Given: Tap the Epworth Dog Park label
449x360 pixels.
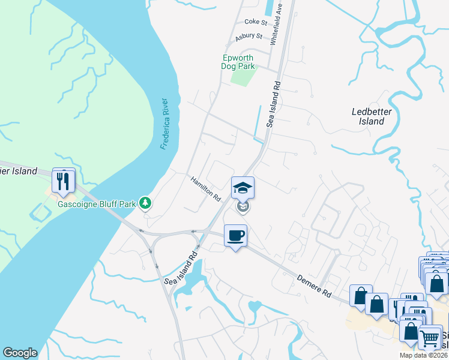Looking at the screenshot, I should coord(239,62).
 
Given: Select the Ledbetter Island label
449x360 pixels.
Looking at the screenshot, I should coord(367,116).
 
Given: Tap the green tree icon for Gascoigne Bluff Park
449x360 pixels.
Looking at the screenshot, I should coord(145,203).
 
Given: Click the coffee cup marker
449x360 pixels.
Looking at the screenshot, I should coord(235,235).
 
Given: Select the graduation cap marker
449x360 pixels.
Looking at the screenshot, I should coord(243,187).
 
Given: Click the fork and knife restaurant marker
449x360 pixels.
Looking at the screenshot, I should coord(64,180).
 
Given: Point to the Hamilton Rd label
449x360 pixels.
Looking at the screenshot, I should coord(206,189).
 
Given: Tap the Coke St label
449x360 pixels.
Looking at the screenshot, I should coord(256,22).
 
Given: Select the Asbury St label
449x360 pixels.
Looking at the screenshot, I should coord(249,37).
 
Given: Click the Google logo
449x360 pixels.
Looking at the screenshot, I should coord(19,353).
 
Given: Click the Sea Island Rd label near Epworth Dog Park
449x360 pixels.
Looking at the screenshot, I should coord(274,103).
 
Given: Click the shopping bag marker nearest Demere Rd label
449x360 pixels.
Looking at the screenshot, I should coord(360,296).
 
